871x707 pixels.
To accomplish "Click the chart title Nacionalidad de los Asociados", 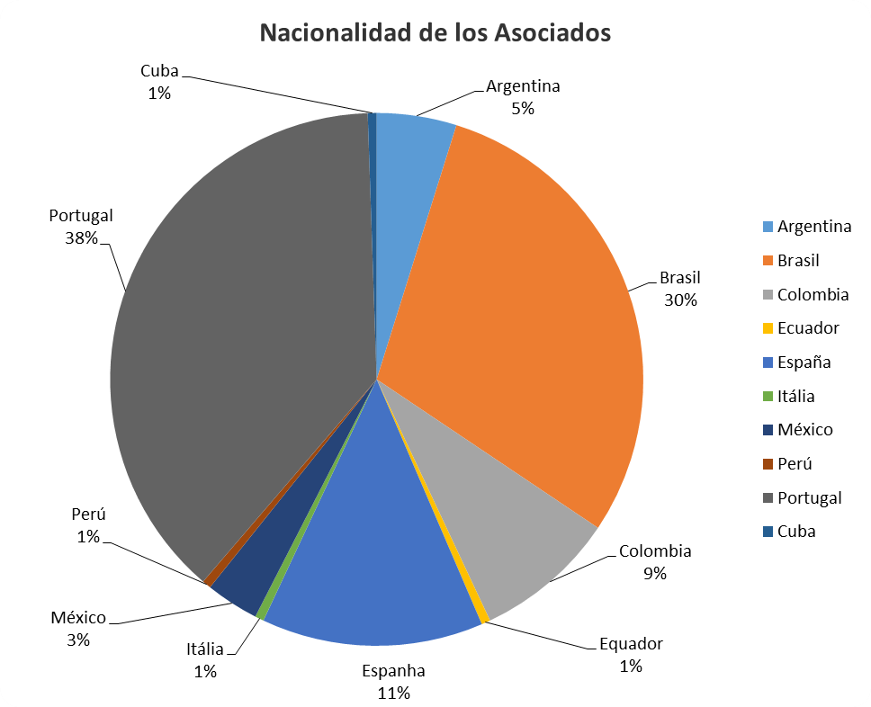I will (x=435, y=33).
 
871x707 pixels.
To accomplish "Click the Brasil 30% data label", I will (x=679, y=288).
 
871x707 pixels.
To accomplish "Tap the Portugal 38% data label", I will (x=81, y=227).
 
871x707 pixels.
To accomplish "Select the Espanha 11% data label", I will (x=393, y=681).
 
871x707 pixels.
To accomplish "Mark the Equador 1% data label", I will (x=631, y=655).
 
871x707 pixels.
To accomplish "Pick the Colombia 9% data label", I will (x=655, y=562).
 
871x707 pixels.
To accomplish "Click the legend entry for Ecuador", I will (x=808, y=327).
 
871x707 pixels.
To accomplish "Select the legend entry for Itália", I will (x=796, y=396).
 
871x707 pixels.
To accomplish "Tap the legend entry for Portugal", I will (x=809, y=497).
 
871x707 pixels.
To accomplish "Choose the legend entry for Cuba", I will (x=796, y=532).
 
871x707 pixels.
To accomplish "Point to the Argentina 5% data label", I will (x=523, y=97).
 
